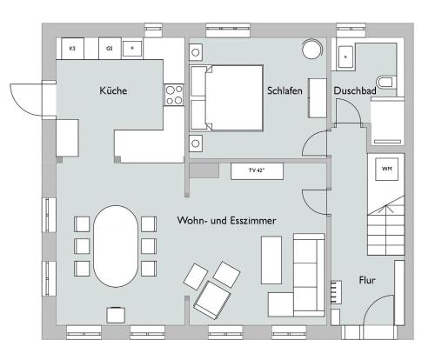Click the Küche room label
click(x=113, y=90)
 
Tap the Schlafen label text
click(x=284, y=90)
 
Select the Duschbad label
click(x=355, y=90)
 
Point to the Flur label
click(x=367, y=280)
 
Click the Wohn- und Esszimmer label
click(x=226, y=221)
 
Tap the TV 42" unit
click(x=257, y=171)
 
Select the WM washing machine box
click(x=386, y=169)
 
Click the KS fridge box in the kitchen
click(x=72, y=49)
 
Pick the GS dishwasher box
click(x=110, y=49)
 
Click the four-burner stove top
click(x=174, y=95)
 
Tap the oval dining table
click(x=116, y=246)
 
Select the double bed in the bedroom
click(x=226, y=98)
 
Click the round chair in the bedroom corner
click(x=311, y=49)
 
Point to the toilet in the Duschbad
click(x=386, y=83)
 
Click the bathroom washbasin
click(x=345, y=57)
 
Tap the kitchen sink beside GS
click(x=132, y=49)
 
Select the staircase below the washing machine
click(x=386, y=225)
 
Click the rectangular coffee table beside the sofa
click(x=271, y=260)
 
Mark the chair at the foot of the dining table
click(x=116, y=315)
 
